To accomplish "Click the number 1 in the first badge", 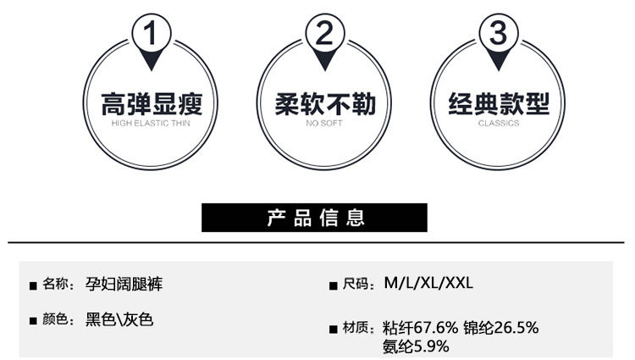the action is click(152, 35).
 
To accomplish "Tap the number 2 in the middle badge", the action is click(325, 35).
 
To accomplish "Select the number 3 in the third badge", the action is click(498, 35).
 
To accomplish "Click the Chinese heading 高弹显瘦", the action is click(152, 105).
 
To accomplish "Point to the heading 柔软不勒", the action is click(325, 105).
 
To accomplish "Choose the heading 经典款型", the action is click(498, 105).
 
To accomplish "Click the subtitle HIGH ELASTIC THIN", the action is click(152, 124).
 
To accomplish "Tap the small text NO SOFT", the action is click(325, 124).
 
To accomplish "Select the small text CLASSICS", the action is click(498, 124).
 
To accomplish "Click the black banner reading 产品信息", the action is click(314, 218).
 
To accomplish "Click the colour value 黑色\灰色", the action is click(119, 321).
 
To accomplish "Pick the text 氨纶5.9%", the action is click(416, 346).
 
